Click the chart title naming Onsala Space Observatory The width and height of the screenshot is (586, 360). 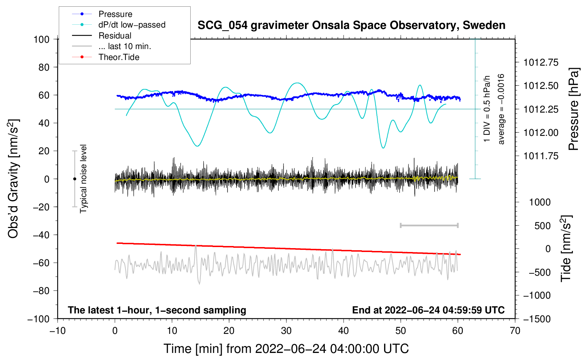tap(351, 25)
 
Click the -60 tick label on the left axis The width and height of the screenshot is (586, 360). tap(41, 263)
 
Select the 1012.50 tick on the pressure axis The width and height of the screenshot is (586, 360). tap(541, 86)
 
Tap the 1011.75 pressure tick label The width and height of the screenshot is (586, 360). tap(541, 156)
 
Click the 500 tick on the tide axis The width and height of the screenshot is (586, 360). tap(542, 226)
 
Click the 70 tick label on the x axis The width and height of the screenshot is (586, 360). tap(515, 331)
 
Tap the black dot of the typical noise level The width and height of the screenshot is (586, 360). tap(74, 179)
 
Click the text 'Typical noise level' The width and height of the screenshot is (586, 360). tap(83, 179)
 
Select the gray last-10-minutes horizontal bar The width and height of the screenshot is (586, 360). tap(429, 226)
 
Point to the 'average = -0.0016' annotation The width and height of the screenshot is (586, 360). tap(501, 109)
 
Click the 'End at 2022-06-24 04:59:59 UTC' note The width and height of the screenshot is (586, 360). tap(428, 310)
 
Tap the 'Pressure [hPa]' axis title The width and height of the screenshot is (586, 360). tap(573, 109)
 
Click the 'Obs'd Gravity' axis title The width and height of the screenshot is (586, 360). tap(13, 179)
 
